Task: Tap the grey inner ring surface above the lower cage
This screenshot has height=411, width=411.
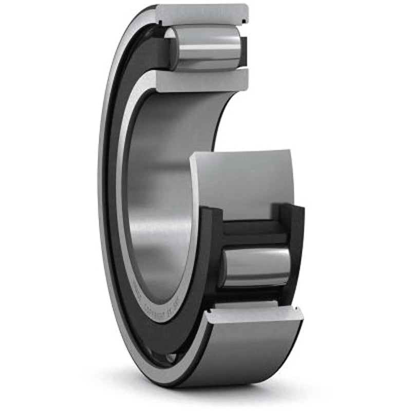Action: (241, 180)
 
